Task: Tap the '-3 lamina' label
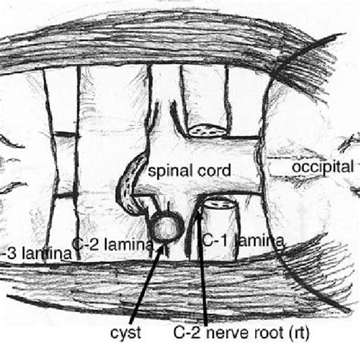[x=38, y=253]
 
